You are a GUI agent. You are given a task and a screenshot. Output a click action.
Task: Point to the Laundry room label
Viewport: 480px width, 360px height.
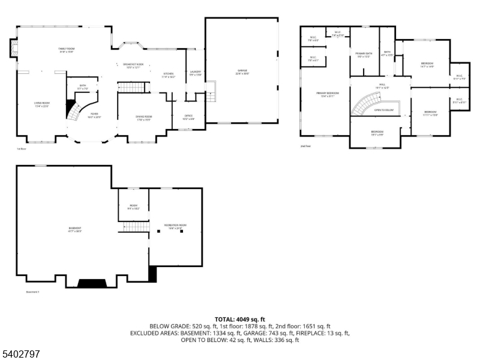(x=196, y=73)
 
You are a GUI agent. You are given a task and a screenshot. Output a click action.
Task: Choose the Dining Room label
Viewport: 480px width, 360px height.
(x=143, y=118)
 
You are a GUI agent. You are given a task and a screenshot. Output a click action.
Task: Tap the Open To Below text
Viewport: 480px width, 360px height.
(x=384, y=110)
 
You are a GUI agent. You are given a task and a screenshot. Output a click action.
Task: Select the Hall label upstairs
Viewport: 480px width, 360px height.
(x=382, y=86)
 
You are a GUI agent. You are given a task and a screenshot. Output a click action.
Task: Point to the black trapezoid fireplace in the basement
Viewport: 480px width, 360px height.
(x=91, y=283)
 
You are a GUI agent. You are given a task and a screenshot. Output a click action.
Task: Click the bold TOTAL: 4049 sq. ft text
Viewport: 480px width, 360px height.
(x=239, y=319)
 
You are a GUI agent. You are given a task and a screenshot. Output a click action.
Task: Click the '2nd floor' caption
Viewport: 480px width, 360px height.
(x=306, y=146)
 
